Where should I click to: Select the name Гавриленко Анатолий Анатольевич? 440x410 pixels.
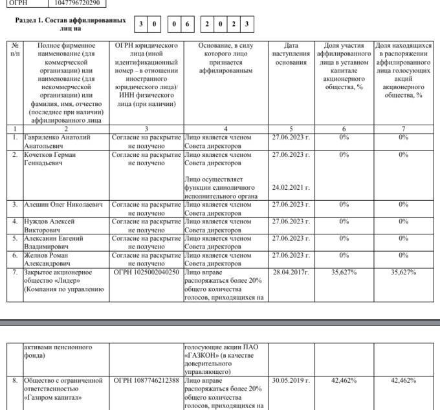click(57, 141)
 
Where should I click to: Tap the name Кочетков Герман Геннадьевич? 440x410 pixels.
click(56, 159)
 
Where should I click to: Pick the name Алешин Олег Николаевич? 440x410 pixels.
click(63, 205)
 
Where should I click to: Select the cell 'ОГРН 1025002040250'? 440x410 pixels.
click(146, 272)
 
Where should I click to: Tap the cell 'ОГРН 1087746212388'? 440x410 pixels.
click(146, 381)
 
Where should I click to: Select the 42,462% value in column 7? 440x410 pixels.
click(403, 381)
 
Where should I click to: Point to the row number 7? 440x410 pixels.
click(15, 272)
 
